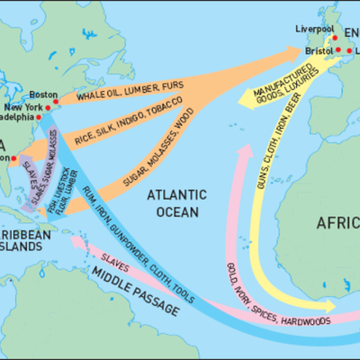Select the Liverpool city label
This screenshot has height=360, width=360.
pyautogui.click(x=314, y=29)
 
